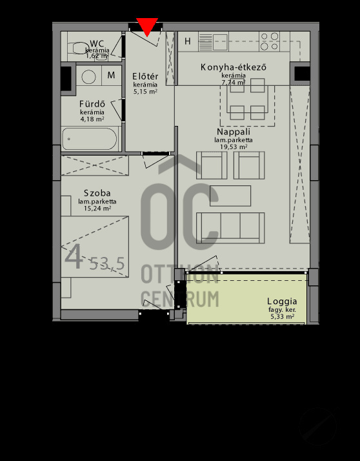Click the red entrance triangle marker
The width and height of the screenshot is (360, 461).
[x=148, y=26]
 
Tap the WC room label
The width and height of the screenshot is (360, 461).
[x=98, y=43]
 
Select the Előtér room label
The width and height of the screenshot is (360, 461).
[x=145, y=76]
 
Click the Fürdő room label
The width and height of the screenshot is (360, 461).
[x=92, y=104]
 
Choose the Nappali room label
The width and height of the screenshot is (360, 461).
[x=234, y=131]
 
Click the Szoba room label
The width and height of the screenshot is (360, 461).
[x=97, y=193]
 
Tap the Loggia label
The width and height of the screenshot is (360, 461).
[x=282, y=302]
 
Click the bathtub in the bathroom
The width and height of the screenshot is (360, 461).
[x=90, y=139]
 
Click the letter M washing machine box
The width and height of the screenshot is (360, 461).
[x=112, y=76]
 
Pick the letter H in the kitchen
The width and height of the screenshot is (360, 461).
[x=188, y=42]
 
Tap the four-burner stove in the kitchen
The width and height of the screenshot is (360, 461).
[x=270, y=41]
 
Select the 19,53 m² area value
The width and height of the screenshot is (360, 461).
[x=234, y=147]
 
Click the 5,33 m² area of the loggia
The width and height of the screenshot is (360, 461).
[x=282, y=317]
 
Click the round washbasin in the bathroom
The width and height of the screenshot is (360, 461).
[x=88, y=76]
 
